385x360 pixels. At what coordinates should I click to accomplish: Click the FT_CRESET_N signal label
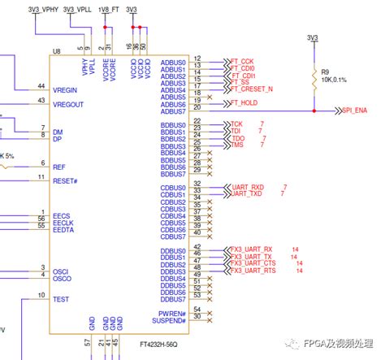[253, 89]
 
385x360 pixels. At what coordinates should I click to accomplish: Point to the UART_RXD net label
[248, 186]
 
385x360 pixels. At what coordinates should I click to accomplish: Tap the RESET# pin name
[66, 181]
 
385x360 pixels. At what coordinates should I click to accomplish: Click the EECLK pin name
[64, 223]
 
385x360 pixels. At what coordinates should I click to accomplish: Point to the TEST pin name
[61, 298]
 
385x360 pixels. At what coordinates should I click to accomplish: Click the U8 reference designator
[56, 51]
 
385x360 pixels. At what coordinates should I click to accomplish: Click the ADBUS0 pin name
[173, 62]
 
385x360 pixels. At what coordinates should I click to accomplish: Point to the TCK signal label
[236, 124]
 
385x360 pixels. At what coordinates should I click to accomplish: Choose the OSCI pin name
[61, 271]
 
